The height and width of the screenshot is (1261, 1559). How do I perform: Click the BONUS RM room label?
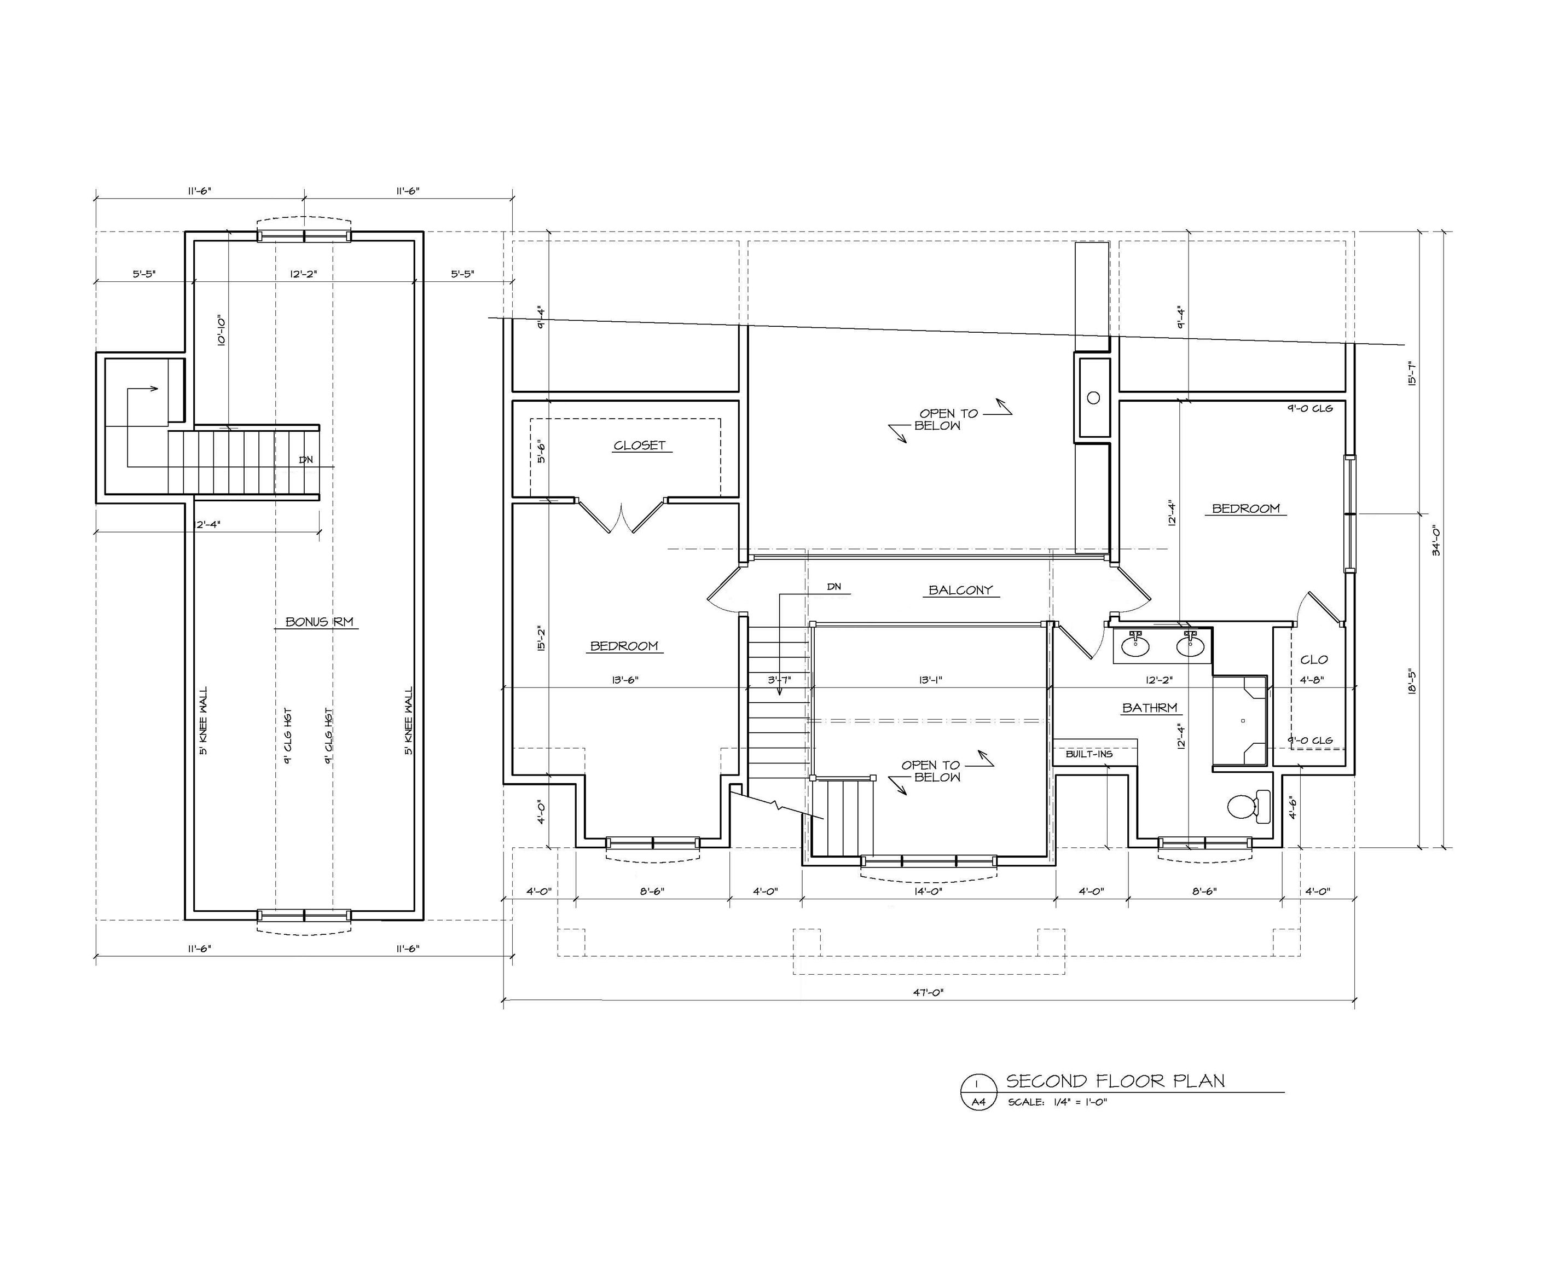(x=319, y=622)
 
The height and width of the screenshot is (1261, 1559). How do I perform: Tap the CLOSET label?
(x=639, y=446)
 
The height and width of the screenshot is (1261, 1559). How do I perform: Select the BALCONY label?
(x=960, y=590)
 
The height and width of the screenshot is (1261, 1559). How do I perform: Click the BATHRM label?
(x=1150, y=708)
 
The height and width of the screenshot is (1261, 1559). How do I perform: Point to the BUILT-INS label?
(x=1088, y=754)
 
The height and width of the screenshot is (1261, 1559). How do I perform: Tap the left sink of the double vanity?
(x=1135, y=646)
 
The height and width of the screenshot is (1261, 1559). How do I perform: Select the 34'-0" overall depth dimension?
(x=1435, y=540)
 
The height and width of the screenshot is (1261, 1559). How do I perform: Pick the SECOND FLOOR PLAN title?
(x=1115, y=1081)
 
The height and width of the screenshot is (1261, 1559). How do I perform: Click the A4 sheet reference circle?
(x=978, y=1102)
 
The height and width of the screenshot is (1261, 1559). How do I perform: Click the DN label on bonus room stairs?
(x=306, y=460)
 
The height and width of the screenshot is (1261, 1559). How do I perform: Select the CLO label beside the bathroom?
(x=1313, y=660)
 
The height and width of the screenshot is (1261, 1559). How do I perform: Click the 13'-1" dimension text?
(x=930, y=680)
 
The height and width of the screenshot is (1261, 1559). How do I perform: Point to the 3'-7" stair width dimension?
(x=779, y=680)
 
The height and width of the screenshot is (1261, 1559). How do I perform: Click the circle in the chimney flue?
(x=1093, y=397)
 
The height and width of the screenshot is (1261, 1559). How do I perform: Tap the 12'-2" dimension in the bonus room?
(x=304, y=274)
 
